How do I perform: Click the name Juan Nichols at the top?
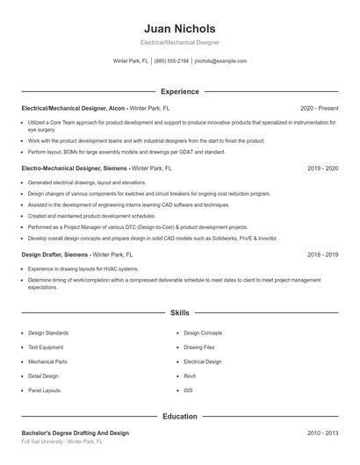pos(179,29)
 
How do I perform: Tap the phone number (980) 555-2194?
pos(172,61)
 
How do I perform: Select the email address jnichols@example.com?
pos(220,61)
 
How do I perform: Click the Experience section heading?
pos(179,91)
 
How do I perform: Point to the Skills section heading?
pos(179,312)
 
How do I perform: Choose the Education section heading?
pos(179,416)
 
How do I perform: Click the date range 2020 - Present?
pos(319,108)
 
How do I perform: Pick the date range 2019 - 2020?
pos(322,167)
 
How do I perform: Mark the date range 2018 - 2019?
pos(322,254)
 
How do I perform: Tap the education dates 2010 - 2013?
pos(322,433)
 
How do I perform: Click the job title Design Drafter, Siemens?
pos(54,254)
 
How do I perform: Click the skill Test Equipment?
pos(47,347)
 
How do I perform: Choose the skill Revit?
pos(190,376)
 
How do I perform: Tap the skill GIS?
pos(188,390)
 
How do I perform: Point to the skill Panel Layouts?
pos(45,390)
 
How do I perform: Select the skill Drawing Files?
pos(198,347)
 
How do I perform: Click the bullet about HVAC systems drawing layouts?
pos(83,268)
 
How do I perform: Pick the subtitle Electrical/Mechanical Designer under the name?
pos(179,42)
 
